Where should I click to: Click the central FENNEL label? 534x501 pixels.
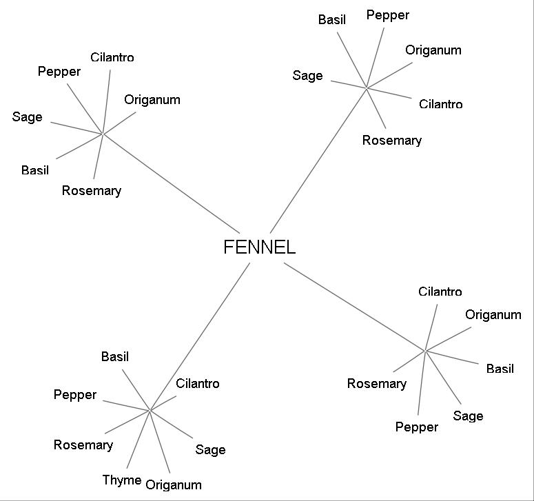pyautogui.click(x=260, y=247)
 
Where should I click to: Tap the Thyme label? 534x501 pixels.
pyautogui.click(x=122, y=480)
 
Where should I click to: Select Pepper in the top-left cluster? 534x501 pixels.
pyautogui.click(x=59, y=72)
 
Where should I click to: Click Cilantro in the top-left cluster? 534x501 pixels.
pyautogui.click(x=112, y=58)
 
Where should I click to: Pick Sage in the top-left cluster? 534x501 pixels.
pyautogui.click(x=27, y=117)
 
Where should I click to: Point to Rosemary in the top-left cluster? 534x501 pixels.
pyautogui.click(x=92, y=191)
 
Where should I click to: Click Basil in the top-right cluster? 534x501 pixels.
pyautogui.click(x=332, y=20)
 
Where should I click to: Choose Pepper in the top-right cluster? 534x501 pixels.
pyautogui.click(x=388, y=15)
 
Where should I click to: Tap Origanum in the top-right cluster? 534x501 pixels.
pyautogui.click(x=433, y=50)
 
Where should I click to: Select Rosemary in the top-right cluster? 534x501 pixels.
pyautogui.click(x=392, y=141)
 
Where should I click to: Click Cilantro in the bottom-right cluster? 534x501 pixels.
pyautogui.click(x=440, y=292)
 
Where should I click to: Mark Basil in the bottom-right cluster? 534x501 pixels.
pyautogui.click(x=500, y=369)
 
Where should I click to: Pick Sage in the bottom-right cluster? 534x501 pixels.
pyautogui.click(x=469, y=416)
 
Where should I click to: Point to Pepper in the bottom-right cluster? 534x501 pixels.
pyautogui.click(x=417, y=427)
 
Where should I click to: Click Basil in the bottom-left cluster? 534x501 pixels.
pyautogui.click(x=115, y=357)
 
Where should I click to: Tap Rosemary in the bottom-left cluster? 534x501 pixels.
pyautogui.click(x=83, y=445)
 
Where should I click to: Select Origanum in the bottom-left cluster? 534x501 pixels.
pyautogui.click(x=174, y=485)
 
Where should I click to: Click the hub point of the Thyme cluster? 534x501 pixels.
pyautogui.click(x=150, y=410)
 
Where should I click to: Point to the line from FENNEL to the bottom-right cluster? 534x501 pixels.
pyautogui.click(x=355, y=307)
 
